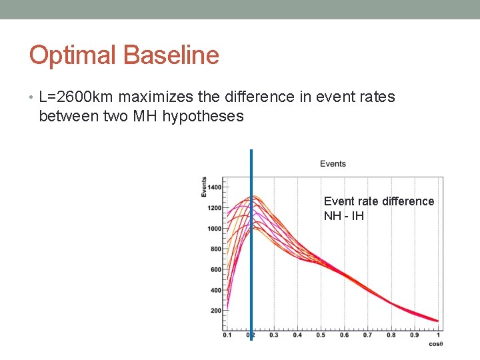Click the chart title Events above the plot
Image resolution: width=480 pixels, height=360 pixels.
click(333, 164)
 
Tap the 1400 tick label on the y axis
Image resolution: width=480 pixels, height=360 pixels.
click(214, 187)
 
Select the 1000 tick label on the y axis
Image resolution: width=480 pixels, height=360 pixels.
click(214, 229)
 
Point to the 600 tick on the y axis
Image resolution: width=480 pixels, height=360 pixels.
click(215, 270)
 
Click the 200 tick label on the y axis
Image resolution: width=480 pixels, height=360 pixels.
click(215, 311)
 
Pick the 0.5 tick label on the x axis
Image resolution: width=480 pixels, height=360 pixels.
click(320, 335)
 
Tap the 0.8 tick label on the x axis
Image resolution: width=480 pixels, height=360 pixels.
click(391, 335)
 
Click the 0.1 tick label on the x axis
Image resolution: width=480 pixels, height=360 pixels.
click(227, 335)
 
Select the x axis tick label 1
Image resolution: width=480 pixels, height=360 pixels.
click(438, 335)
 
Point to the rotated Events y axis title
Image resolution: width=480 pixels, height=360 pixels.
click(204, 186)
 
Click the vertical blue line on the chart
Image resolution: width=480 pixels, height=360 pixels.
click(251, 267)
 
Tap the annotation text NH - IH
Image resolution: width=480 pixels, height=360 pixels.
click(343, 216)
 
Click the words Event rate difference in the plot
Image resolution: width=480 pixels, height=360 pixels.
click(379, 201)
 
